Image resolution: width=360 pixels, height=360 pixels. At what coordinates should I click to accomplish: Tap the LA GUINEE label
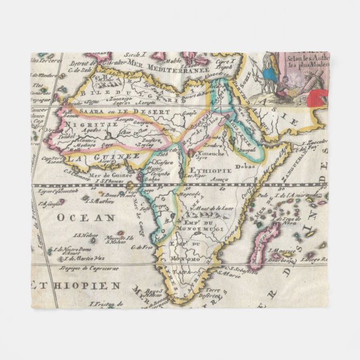[x=104, y=158]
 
